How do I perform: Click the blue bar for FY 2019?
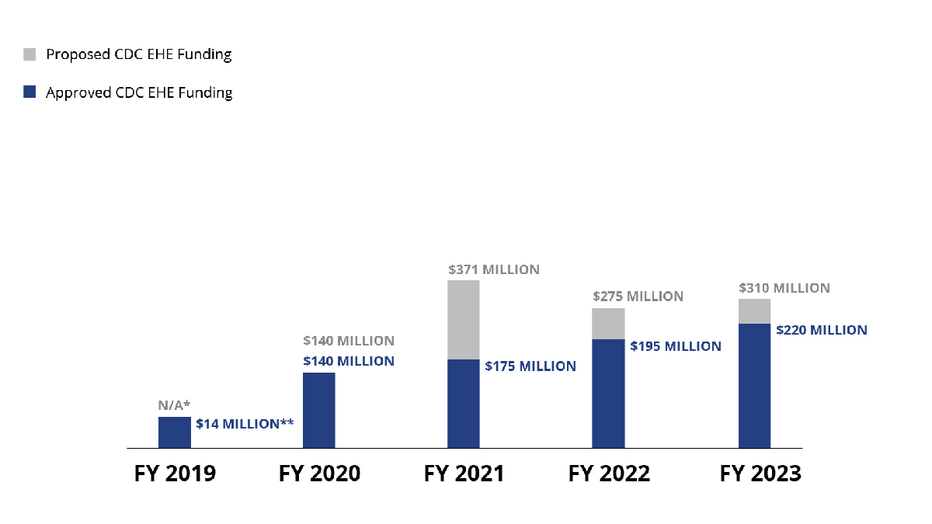pos(175,432)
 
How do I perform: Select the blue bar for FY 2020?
pos(318,410)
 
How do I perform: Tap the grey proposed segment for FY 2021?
pos(464,320)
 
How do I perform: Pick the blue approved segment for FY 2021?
pos(464,404)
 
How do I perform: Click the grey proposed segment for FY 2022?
pos(608,324)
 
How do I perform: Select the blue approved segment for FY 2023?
pos(754,386)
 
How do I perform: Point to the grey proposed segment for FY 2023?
pos(754,311)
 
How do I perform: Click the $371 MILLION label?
pos(493,270)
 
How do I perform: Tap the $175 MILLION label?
pos(530,366)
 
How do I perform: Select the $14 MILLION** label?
pos(244,424)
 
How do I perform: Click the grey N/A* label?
pos(175,405)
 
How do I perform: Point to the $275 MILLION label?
pos(638,297)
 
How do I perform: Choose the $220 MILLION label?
pos(822,330)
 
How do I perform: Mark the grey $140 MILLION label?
pos(348,341)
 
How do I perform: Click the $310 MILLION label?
pos(784,288)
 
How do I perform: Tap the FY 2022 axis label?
pos(609,474)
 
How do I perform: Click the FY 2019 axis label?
pos(175,474)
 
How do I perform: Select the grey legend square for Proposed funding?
pos(30,54)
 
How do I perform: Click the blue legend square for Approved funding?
pos(30,92)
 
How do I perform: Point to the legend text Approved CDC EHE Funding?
pos(139,92)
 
